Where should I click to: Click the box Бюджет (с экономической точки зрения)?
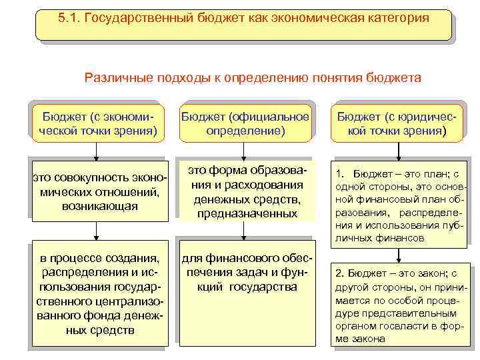(x=97, y=123)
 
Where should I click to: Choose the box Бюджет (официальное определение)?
(x=245, y=123)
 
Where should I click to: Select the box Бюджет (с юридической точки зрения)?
(x=398, y=123)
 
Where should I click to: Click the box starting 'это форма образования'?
(x=245, y=190)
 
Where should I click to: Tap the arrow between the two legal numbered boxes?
(x=398, y=256)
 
